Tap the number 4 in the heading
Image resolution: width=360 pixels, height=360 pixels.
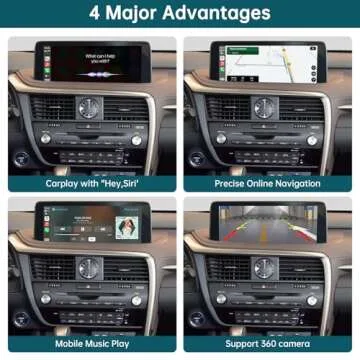94,14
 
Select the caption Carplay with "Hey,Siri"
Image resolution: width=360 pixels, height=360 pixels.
91,183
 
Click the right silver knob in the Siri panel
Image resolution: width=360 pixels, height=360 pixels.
136,139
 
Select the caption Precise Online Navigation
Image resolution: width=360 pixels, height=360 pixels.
267,183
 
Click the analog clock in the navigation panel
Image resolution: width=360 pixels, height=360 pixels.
266,107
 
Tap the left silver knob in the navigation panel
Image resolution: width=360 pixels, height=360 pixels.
220,139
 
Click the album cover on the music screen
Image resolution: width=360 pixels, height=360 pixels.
127,226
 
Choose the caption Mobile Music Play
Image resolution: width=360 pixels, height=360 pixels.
91,343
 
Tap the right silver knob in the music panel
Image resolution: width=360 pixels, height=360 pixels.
136,298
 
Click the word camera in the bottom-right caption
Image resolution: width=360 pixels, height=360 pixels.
301,343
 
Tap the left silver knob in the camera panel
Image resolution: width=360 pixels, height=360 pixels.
220,298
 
